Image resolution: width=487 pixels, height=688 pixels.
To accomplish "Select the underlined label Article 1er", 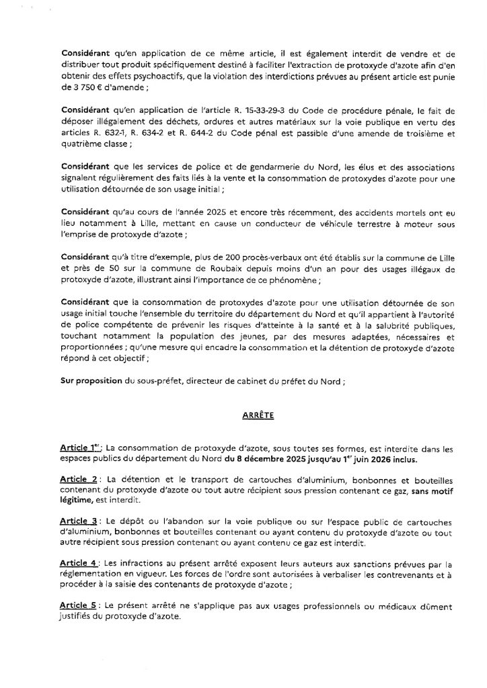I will pos(78,448).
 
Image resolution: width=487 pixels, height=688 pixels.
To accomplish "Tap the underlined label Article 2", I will pos(79,480).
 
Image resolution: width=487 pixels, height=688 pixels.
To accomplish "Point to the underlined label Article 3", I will pos(79,521).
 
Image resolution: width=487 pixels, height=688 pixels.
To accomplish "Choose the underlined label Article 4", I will pos(79,562).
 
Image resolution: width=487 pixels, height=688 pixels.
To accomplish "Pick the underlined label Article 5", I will pos(79,603).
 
